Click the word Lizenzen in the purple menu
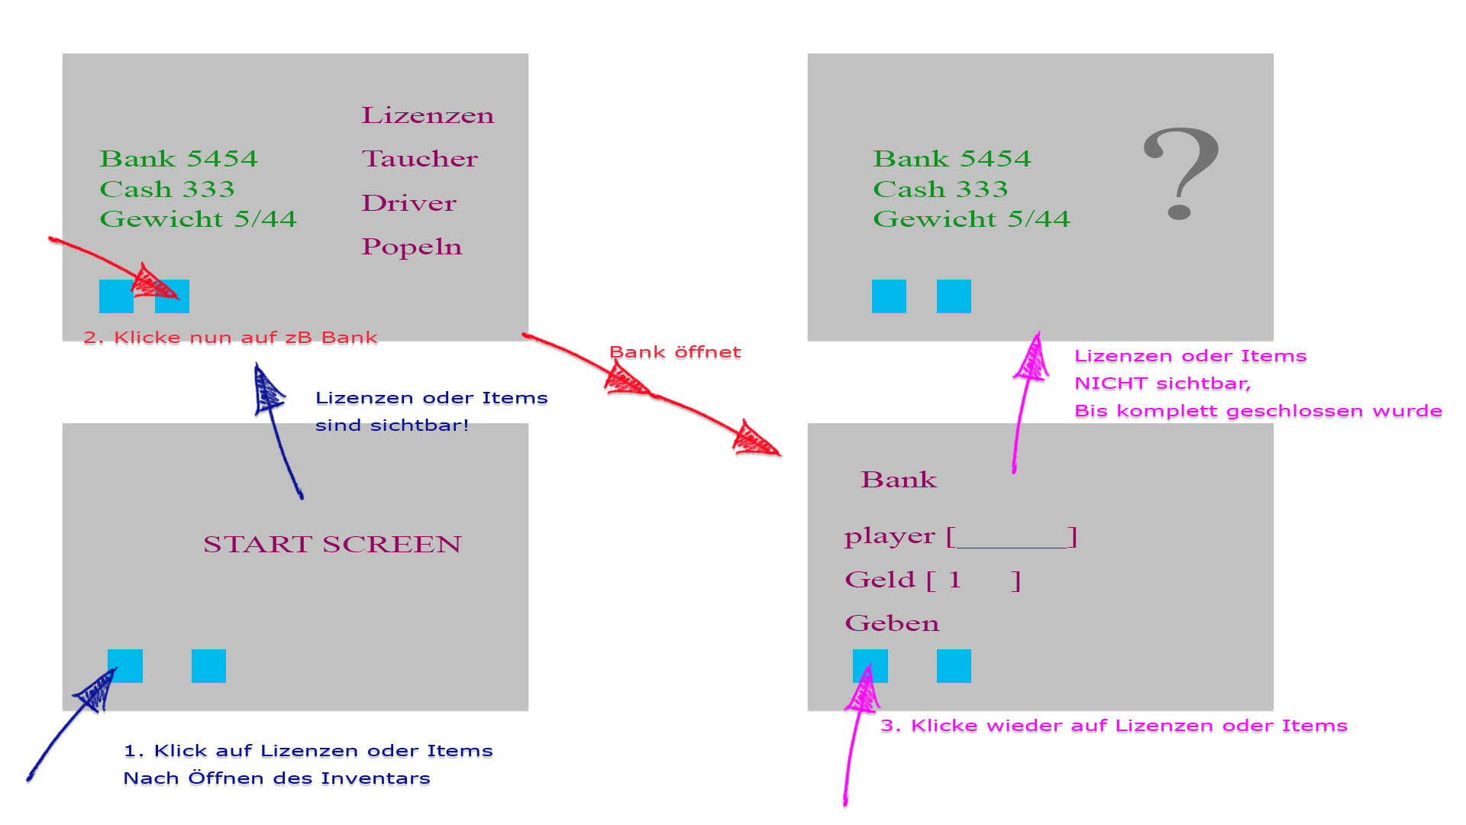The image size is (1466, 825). pyautogui.click(x=428, y=115)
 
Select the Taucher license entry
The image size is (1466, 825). pyautogui.click(x=419, y=159)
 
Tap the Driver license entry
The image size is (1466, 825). pyautogui.click(x=408, y=203)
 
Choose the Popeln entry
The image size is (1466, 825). pyautogui.click(x=412, y=247)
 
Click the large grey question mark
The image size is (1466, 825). pyautogui.click(x=1180, y=173)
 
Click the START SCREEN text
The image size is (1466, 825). pyautogui.click(x=332, y=544)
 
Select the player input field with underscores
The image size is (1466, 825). pyautogui.click(x=1011, y=537)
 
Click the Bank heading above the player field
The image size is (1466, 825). pyautogui.click(x=899, y=480)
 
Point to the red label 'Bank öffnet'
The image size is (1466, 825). pyautogui.click(x=675, y=352)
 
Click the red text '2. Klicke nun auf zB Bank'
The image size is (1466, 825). pyautogui.click(x=231, y=338)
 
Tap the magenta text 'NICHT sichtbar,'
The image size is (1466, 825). pyautogui.click(x=1162, y=383)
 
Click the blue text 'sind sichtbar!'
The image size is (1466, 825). pyautogui.click(x=392, y=425)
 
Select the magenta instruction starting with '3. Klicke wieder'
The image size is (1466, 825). pyautogui.click(x=1113, y=726)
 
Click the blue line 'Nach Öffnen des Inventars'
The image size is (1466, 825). pyautogui.click(x=276, y=778)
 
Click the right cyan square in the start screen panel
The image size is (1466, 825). pyautogui.click(x=208, y=666)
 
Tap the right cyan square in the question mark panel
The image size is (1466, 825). pyautogui.click(x=954, y=296)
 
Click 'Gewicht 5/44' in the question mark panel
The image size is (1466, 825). pyautogui.click(x=971, y=219)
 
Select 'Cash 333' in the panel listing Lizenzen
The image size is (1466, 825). pyautogui.click(x=167, y=189)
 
